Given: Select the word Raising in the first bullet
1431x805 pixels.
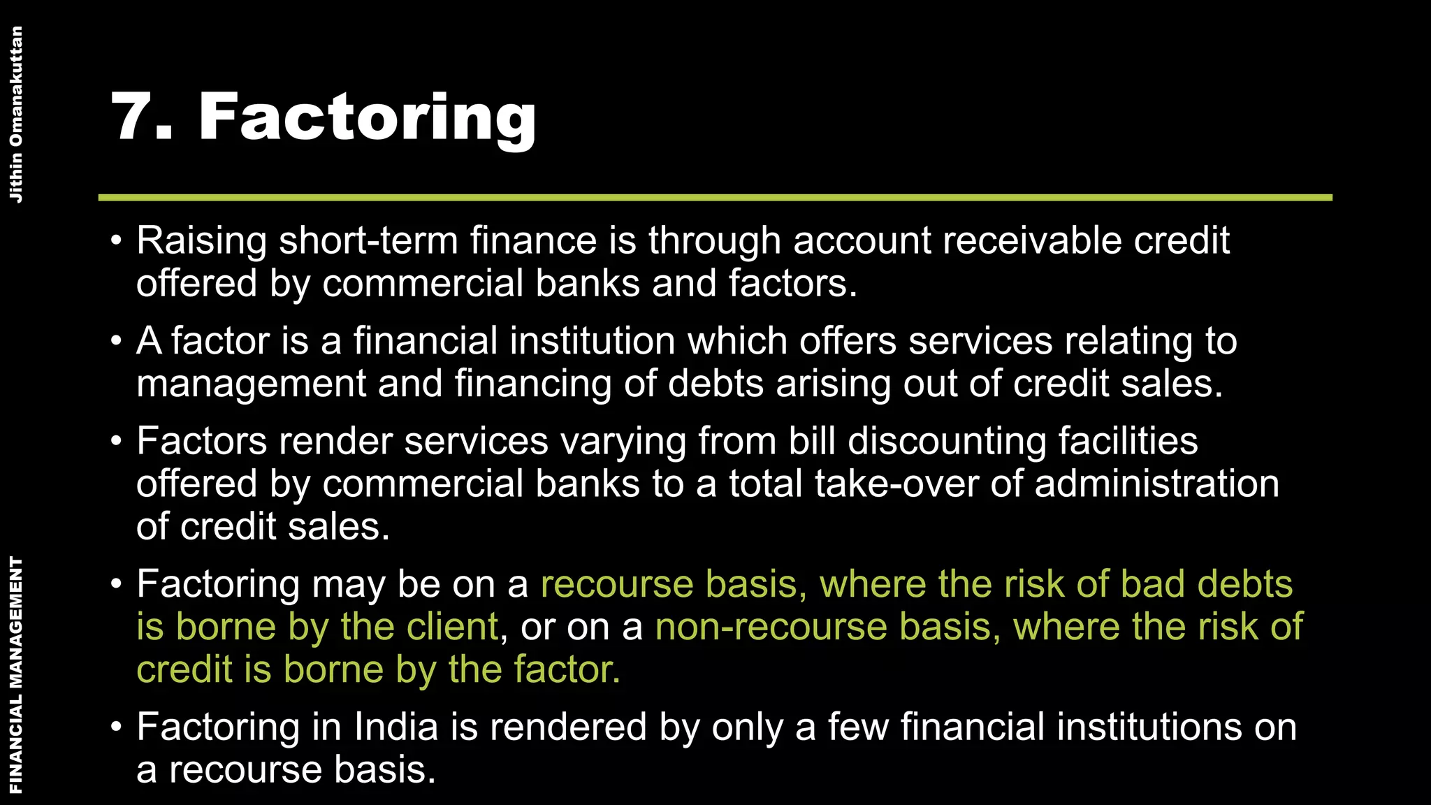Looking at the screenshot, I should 201,241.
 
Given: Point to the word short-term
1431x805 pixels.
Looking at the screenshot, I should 368,241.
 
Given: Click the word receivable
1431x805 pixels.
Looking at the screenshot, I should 1031,241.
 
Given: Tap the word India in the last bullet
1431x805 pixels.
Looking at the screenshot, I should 395,727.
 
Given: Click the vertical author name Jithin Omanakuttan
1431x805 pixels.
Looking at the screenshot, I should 15,114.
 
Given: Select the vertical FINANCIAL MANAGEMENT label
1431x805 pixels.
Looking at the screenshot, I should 15,674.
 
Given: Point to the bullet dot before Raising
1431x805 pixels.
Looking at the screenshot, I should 116,242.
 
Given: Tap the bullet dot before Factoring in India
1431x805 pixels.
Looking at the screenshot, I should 116,728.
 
